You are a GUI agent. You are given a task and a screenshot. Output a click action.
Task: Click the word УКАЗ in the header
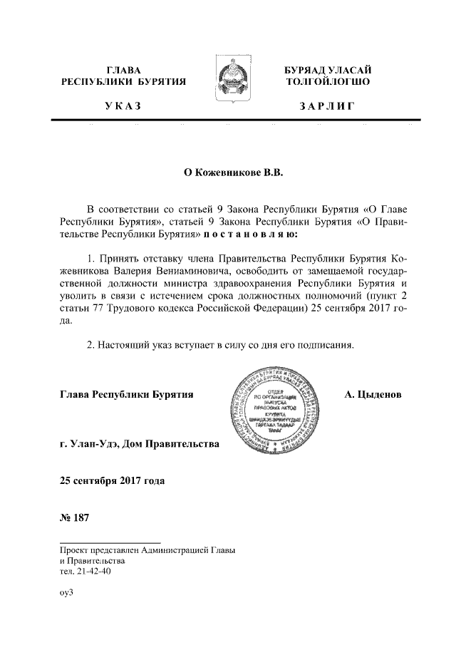tap(123, 107)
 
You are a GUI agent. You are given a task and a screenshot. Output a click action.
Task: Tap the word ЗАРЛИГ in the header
tap(327, 107)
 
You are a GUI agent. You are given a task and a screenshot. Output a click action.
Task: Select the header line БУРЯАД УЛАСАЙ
tap(327, 70)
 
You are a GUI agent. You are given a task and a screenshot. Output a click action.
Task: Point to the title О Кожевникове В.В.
tap(228, 172)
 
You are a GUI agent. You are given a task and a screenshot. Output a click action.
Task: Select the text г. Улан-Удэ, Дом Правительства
tap(140, 445)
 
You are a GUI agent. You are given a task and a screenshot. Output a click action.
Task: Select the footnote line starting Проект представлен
tap(147, 550)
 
